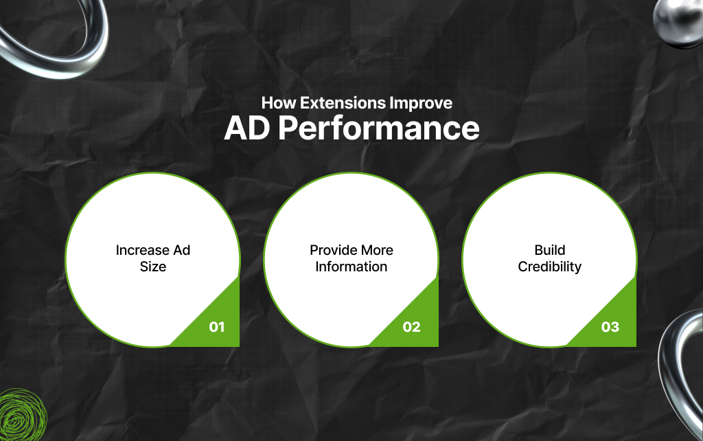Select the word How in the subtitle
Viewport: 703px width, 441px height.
click(x=276, y=104)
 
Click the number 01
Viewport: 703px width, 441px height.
click(x=217, y=327)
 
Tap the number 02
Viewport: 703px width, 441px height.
click(x=411, y=327)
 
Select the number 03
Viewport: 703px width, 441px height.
click(x=610, y=327)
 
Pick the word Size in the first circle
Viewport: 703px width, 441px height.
click(x=153, y=267)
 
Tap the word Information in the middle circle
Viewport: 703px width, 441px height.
click(x=351, y=267)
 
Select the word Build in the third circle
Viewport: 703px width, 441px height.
click(x=549, y=250)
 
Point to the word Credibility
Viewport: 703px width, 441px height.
click(x=549, y=267)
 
